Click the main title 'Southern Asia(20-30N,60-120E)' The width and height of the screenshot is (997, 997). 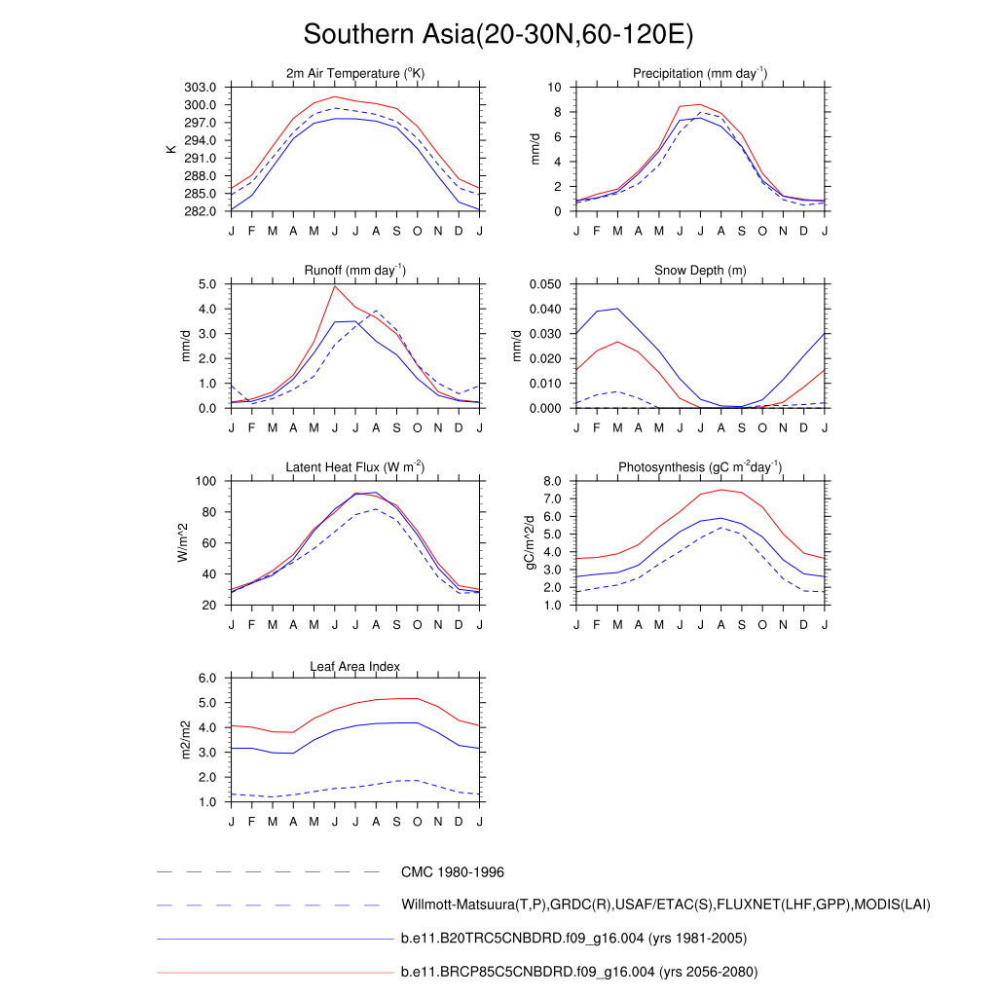click(x=498, y=35)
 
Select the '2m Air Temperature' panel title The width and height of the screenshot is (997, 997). click(x=355, y=74)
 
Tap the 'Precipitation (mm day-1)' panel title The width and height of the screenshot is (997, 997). click(x=700, y=74)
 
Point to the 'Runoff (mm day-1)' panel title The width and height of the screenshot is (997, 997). click(x=355, y=271)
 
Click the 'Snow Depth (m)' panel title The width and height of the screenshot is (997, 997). click(x=700, y=271)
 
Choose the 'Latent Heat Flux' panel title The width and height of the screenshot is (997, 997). click(x=355, y=467)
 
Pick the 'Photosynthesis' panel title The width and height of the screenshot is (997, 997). click(x=700, y=467)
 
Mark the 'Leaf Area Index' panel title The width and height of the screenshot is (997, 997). click(x=355, y=667)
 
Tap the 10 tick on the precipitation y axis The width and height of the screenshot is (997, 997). click(x=555, y=88)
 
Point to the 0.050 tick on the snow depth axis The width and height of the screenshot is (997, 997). click(x=546, y=284)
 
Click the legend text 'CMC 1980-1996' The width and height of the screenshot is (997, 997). click(x=452, y=872)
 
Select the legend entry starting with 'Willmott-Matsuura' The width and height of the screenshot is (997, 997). click(x=665, y=905)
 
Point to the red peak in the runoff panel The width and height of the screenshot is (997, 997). click(x=335, y=286)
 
